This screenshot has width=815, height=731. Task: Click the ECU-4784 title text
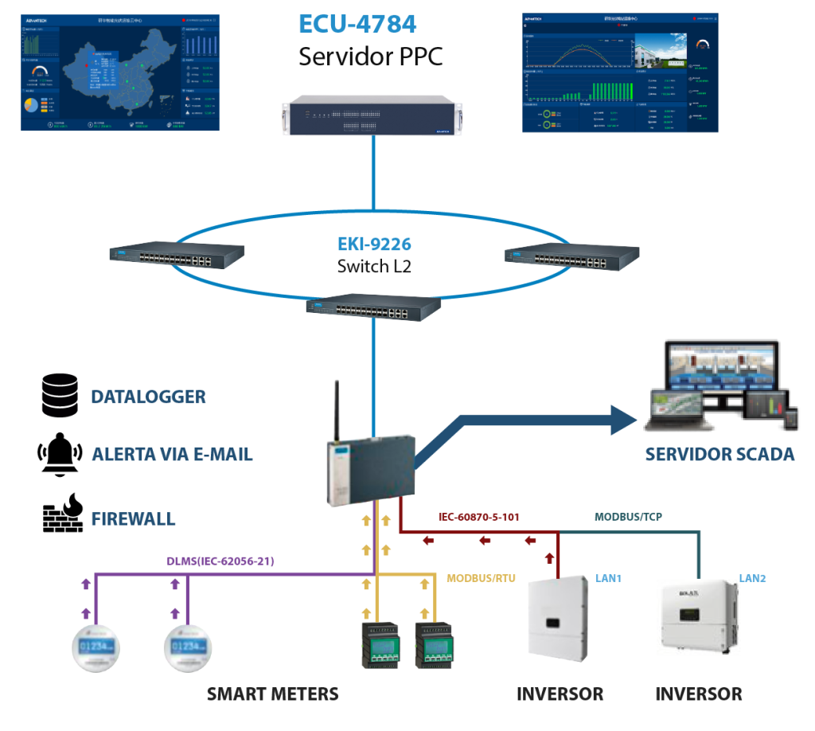[x=357, y=24]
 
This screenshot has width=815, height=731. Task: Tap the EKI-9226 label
[x=373, y=244]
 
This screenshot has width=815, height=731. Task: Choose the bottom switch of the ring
[x=373, y=307]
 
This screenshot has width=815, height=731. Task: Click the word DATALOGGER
[x=148, y=397]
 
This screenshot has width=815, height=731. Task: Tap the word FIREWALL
[x=133, y=519]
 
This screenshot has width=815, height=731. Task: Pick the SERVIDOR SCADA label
[x=719, y=455]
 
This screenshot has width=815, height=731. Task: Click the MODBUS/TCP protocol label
[x=628, y=516]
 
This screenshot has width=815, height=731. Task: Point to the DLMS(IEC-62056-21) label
[x=220, y=561]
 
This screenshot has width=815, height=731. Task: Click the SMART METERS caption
[x=273, y=694]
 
